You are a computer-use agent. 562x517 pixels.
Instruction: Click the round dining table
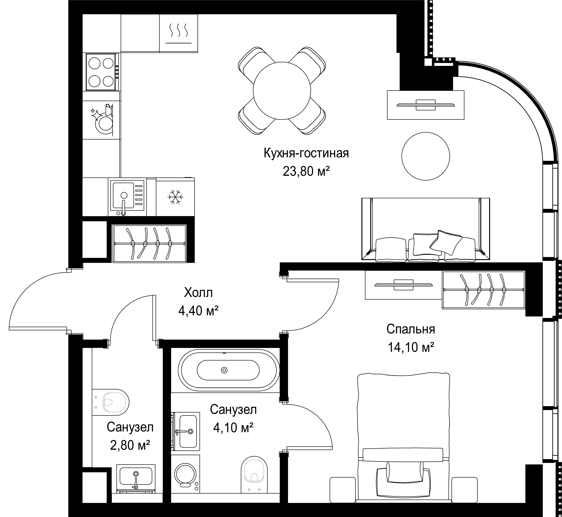coord(282,90)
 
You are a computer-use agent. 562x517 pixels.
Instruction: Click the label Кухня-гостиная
coord(306,154)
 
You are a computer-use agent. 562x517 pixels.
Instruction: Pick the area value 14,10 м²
coord(411,347)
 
